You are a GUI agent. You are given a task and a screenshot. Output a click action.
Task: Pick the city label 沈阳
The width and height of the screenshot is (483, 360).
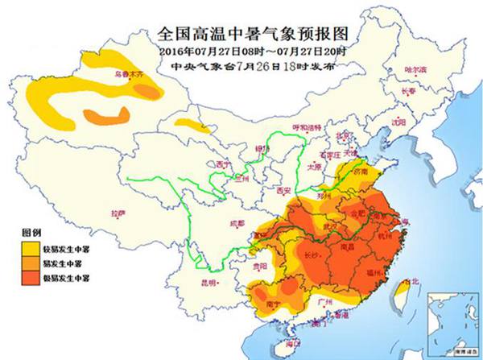(398, 122)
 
